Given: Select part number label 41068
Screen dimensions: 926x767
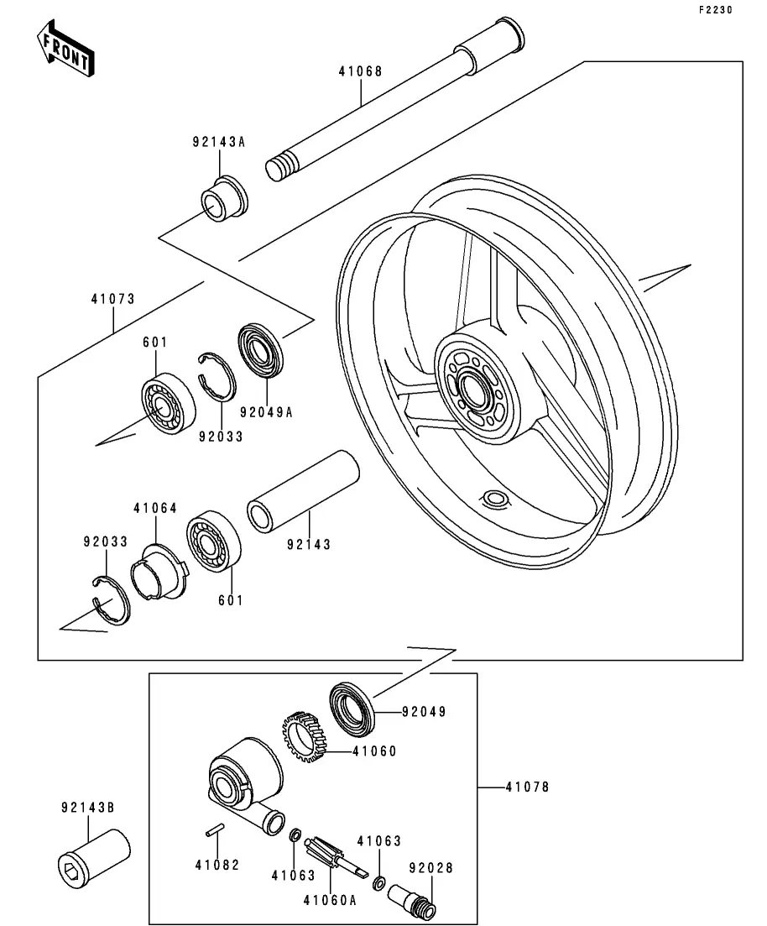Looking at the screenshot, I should (360, 71).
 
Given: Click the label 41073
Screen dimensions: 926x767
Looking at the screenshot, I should (113, 298).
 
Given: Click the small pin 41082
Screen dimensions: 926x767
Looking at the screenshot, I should (215, 832).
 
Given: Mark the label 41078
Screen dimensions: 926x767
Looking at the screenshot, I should (527, 787).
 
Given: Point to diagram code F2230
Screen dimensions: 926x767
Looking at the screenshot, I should (715, 11).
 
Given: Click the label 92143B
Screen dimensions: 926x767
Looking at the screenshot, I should (87, 807).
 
